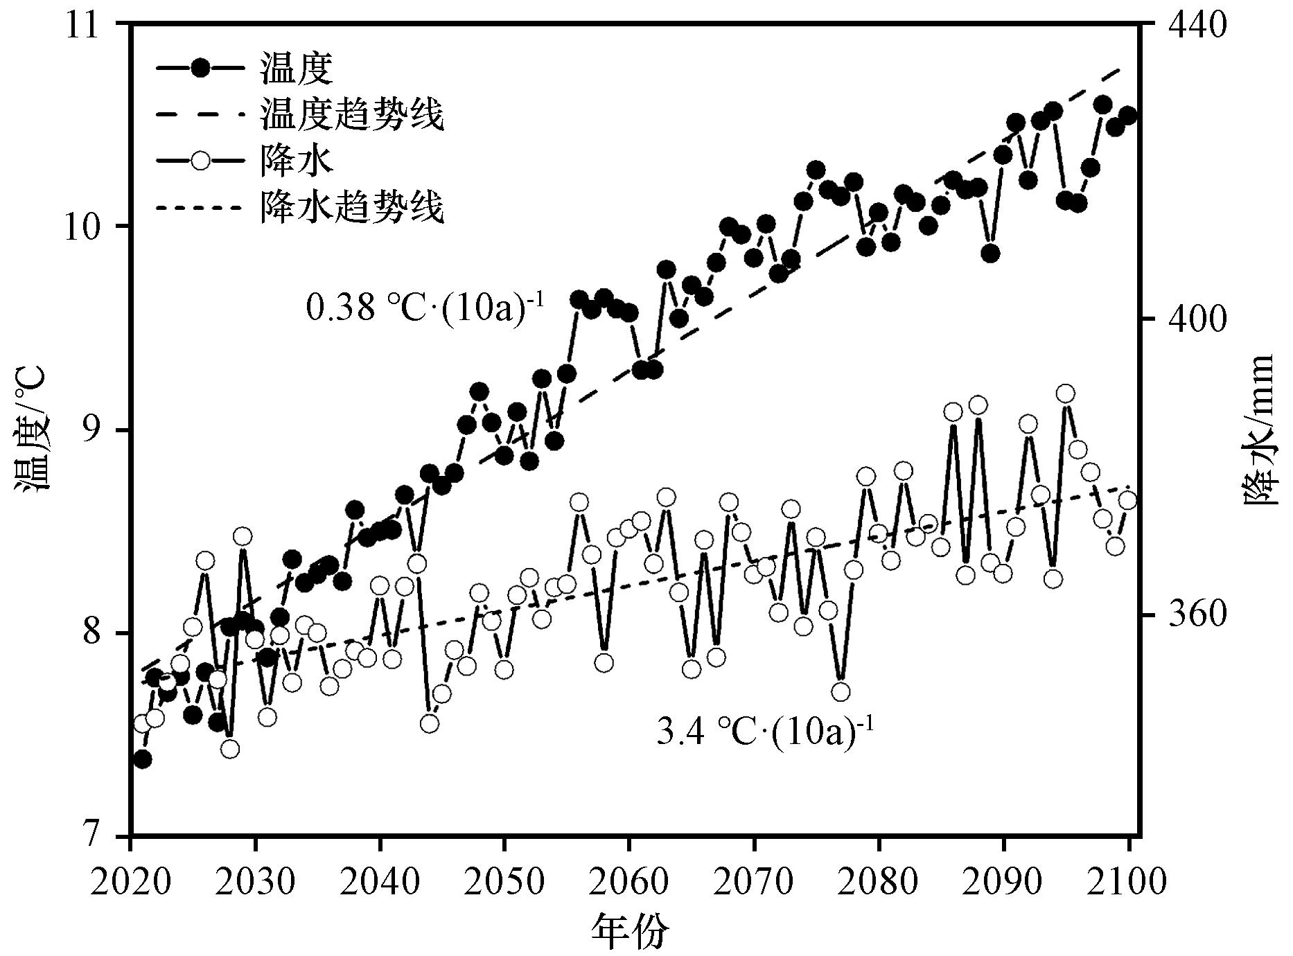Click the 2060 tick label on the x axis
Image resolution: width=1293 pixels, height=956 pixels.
pyautogui.click(x=628, y=882)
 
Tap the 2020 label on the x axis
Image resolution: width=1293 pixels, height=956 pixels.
pyautogui.click(x=131, y=882)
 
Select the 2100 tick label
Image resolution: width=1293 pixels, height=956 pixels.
pyautogui.click(x=1128, y=882)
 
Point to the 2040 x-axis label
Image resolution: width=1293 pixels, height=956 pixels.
pyautogui.click(x=380, y=882)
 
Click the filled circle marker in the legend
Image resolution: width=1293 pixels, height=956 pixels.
pyautogui.click(x=200, y=68)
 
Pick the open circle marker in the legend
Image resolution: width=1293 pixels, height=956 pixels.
pyautogui.click(x=200, y=161)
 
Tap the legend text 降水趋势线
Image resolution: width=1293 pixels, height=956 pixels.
pyautogui.click(x=352, y=207)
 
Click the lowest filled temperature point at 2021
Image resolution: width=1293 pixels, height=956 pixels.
pyautogui.click(x=142, y=759)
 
